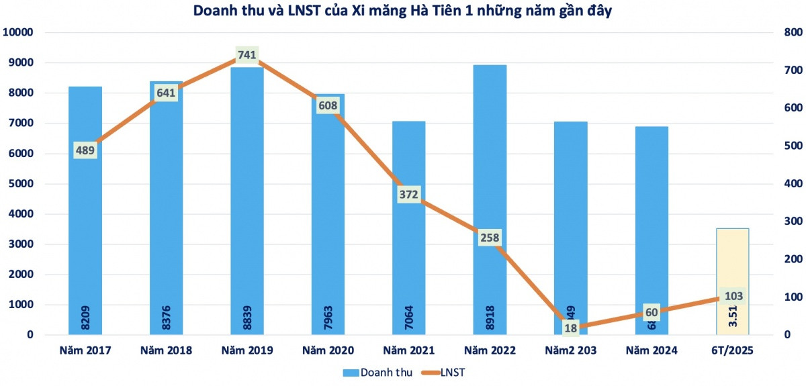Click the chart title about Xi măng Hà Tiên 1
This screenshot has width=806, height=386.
tap(402, 11)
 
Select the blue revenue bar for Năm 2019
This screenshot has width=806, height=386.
tap(247, 201)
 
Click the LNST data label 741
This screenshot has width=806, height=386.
tap(247, 55)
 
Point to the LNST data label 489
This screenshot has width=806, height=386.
tap(85, 150)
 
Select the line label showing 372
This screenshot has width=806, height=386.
tap(408, 195)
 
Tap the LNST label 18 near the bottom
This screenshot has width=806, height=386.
tap(570, 328)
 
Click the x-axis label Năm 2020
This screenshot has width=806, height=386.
tap(328, 350)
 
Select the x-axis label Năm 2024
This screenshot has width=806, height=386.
tap(651, 350)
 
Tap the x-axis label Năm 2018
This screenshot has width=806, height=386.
tap(166, 350)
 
